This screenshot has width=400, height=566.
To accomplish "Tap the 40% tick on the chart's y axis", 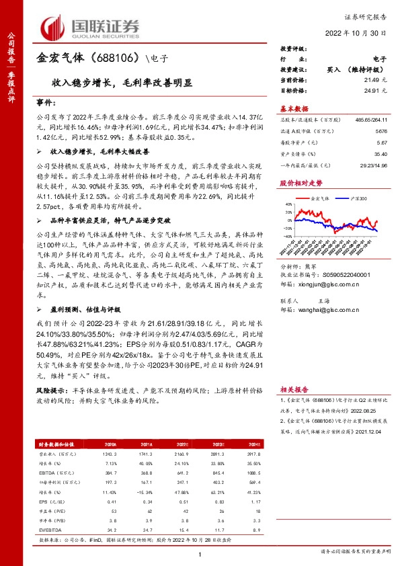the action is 287,204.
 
